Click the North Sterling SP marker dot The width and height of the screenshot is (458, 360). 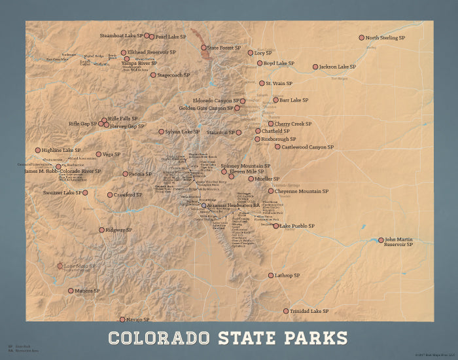click(x=361, y=38)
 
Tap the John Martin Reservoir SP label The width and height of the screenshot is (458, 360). click(x=399, y=242)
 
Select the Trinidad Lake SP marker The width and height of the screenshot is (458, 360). click(x=286, y=311)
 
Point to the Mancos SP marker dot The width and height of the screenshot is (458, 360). click(x=71, y=291)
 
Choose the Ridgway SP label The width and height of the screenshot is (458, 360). click(x=120, y=230)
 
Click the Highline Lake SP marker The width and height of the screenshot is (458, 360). click(x=38, y=150)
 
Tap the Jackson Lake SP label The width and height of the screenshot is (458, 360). click(x=338, y=67)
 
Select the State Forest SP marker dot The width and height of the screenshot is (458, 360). click(x=203, y=48)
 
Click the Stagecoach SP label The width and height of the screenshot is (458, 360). click(x=173, y=75)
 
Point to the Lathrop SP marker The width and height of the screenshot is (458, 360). click(x=270, y=276)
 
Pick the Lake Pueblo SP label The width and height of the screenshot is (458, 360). click(x=298, y=226)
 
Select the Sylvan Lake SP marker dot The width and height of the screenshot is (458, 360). click(x=162, y=132)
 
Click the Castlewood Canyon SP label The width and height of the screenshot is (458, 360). click(x=308, y=147)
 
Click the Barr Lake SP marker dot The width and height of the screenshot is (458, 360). click(x=275, y=100)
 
